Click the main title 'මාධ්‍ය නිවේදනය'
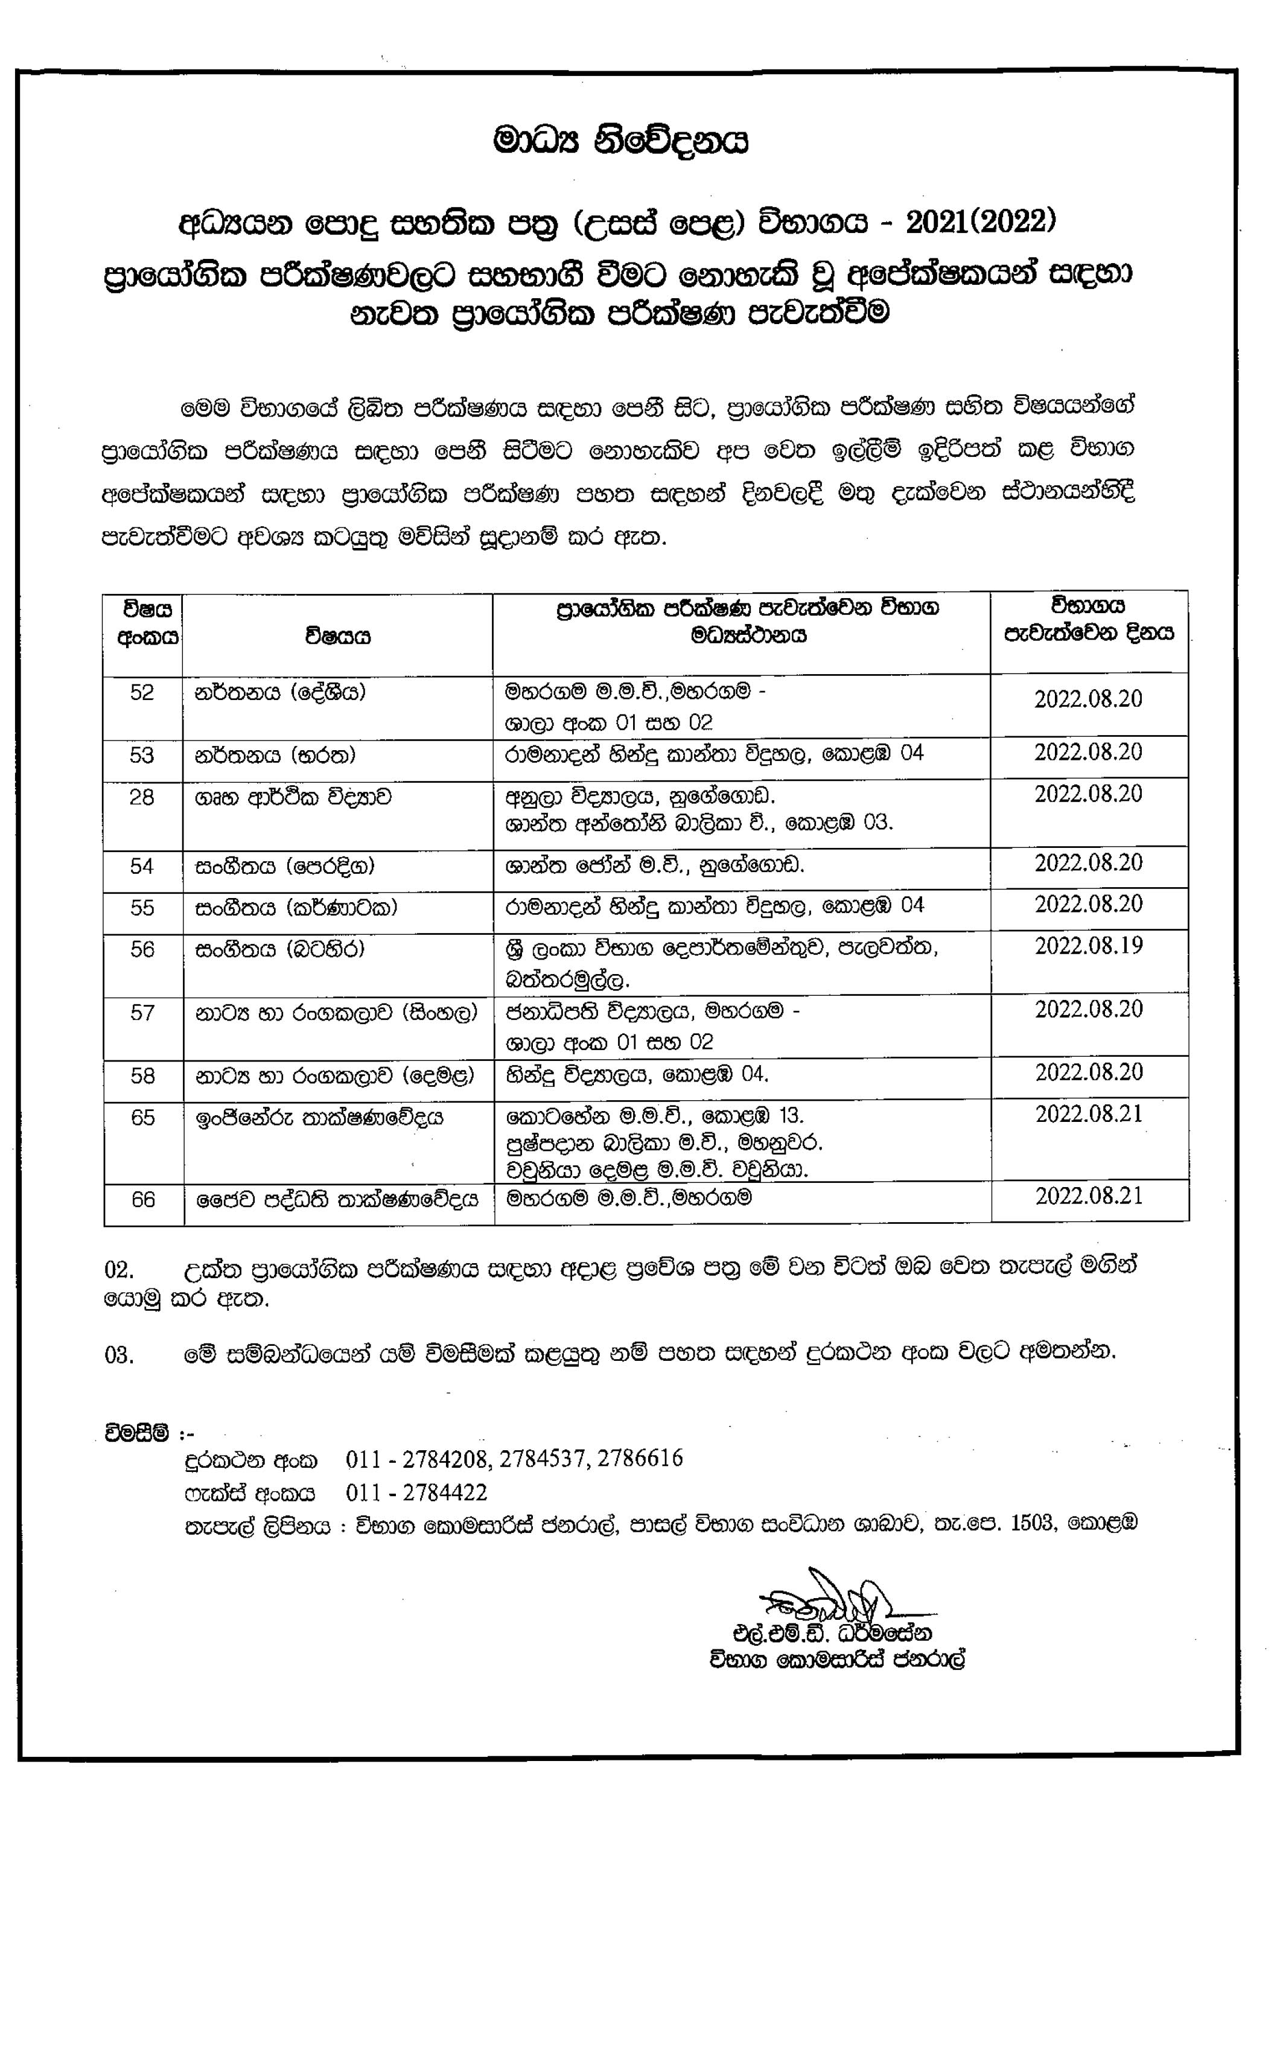[621, 141]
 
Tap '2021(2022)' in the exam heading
[981, 222]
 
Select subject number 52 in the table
[142, 692]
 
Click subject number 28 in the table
[142, 797]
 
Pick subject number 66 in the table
[143, 1199]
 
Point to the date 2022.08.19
[1089, 946]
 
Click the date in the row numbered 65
[1089, 1115]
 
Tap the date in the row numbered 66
[1089, 1196]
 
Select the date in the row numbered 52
[1088, 699]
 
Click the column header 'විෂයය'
[338, 636]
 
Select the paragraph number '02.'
[119, 1270]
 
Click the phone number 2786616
[639, 1458]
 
